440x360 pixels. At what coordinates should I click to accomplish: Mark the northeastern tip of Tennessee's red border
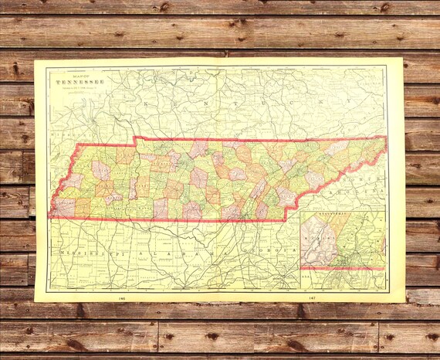pyautogui.click(x=385, y=138)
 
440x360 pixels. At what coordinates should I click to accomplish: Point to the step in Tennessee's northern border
pyautogui.click(x=135, y=141)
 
